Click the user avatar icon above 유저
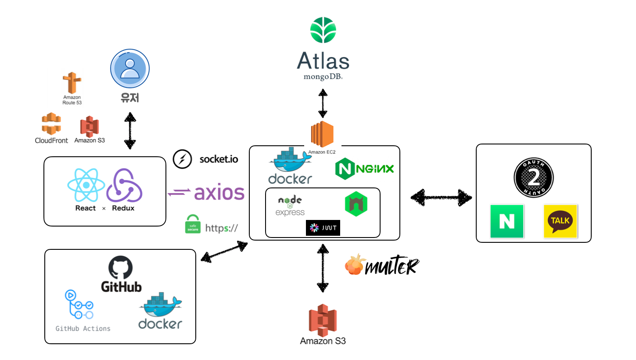(129, 69)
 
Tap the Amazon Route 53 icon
(72, 83)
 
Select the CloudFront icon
(51, 124)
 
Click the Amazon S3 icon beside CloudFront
(90, 126)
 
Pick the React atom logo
(86, 185)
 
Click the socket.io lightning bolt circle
(182, 159)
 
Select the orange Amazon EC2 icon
(322, 134)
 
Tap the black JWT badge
(323, 228)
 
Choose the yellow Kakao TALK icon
(560, 221)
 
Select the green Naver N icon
(507, 221)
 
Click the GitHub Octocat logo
(120, 268)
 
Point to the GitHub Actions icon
(79, 305)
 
